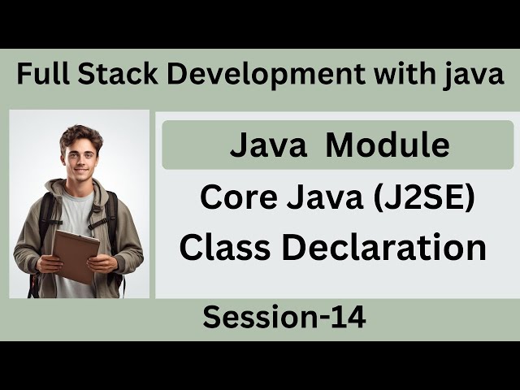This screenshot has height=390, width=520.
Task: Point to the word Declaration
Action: click(381, 247)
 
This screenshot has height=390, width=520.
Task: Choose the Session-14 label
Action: click(284, 318)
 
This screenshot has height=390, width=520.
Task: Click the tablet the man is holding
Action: click(75, 255)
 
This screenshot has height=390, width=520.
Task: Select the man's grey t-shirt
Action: click(78, 215)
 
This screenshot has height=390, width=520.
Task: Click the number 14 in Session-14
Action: click(349, 318)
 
